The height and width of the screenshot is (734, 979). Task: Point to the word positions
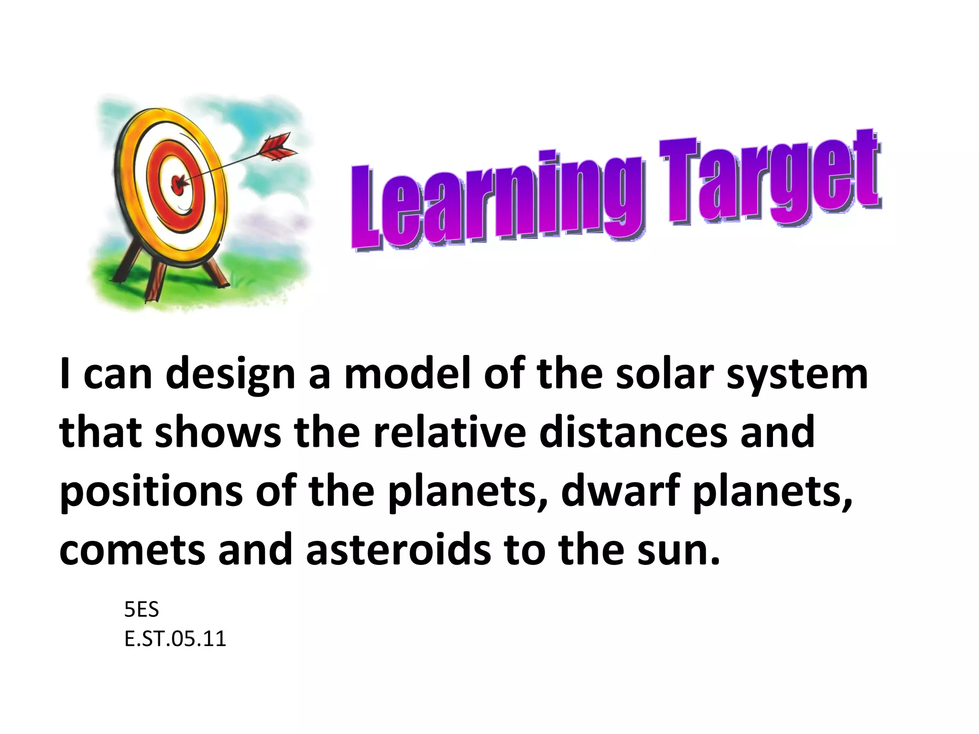click(151, 492)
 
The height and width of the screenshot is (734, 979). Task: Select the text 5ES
click(141, 609)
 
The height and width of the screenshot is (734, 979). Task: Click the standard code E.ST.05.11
click(175, 639)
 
